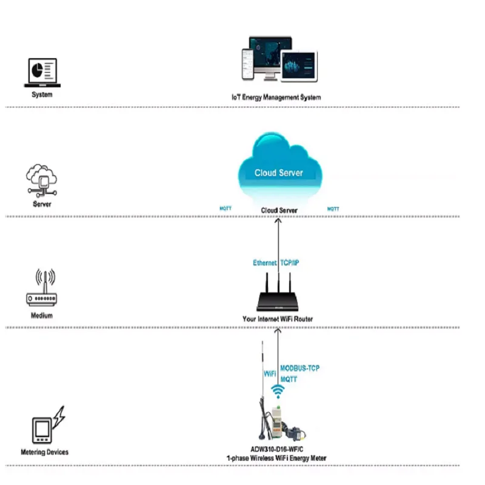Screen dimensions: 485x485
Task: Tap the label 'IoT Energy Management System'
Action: tap(276, 97)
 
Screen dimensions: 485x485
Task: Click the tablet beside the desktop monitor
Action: tap(299, 65)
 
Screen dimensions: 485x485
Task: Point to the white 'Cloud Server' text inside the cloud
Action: tap(278, 173)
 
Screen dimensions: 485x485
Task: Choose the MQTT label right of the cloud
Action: tap(333, 209)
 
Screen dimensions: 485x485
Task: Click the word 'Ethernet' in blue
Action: tap(265, 263)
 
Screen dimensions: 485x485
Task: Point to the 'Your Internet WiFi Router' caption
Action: tap(277, 319)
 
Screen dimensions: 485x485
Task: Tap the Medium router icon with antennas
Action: tap(42, 290)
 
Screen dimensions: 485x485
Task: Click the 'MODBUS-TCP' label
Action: tap(299, 368)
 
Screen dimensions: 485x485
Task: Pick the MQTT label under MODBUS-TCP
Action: tap(289, 379)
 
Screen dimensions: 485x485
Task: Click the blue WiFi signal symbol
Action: tap(278, 390)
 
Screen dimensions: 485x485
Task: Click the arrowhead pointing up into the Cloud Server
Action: tap(278, 221)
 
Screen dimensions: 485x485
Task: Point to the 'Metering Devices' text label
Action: tap(44, 452)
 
